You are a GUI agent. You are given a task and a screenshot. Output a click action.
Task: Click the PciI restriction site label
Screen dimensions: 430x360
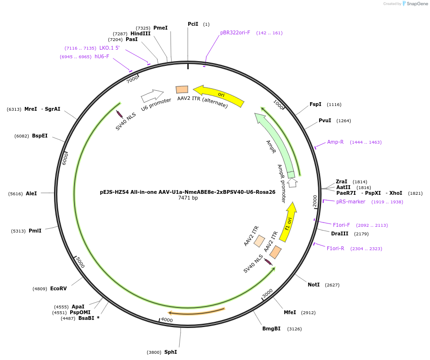(x=193, y=24)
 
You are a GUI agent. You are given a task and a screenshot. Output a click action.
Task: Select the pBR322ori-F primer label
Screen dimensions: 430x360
(x=235, y=33)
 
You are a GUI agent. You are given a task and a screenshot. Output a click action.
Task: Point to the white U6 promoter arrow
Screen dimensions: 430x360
(x=152, y=95)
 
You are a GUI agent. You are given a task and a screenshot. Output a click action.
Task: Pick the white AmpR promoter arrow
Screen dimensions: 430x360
(x=292, y=182)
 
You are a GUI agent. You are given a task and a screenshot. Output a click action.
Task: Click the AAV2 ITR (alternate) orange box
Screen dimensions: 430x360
(x=182, y=90)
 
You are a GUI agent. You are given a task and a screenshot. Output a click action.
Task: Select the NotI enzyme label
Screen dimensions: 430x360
(x=313, y=285)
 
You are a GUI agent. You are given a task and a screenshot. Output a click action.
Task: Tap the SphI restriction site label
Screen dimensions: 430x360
(x=171, y=352)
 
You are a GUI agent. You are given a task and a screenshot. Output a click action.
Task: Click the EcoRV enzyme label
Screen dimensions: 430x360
(x=58, y=288)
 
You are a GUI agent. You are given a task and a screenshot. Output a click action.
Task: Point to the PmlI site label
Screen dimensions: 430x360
(x=35, y=231)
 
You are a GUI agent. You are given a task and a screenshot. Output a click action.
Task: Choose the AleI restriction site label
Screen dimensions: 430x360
(x=31, y=193)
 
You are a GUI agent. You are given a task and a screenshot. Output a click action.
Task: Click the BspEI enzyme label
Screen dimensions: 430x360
(x=40, y=136)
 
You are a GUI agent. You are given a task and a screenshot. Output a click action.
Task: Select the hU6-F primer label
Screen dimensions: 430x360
(x=102, y=56)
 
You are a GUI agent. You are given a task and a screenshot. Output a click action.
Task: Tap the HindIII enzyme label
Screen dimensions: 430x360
(x=140, y=33)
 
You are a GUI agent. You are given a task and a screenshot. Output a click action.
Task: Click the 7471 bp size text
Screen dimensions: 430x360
(x=188, y=198)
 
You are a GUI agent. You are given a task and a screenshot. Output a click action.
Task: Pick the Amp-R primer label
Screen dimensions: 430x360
(x=335, y=142)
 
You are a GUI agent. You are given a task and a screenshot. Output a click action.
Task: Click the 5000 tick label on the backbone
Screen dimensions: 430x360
(x=80, y=262)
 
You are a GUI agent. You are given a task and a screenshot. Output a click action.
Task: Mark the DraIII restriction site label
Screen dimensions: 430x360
(x=340, y=233)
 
